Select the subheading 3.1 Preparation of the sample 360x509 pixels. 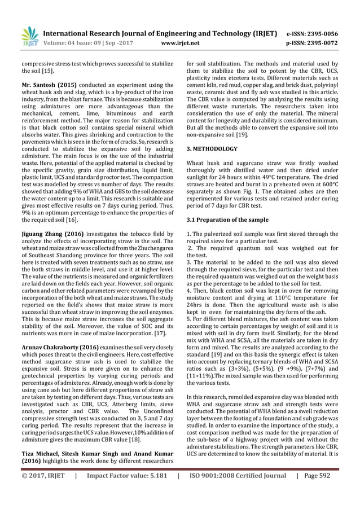[x=230, y=220]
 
